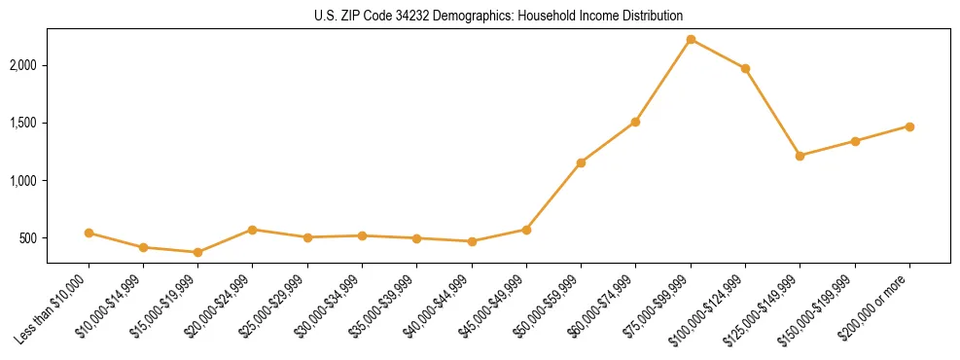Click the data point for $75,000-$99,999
(x=691, y=39)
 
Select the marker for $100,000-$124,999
(x=745, y=68)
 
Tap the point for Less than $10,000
(x=89, y=233)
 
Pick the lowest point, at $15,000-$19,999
(x=197, y=252)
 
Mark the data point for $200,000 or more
(x=909, y=126)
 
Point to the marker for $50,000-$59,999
(x=581, y=162)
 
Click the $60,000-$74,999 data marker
(x=635, y=122)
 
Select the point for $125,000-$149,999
(x=800, y=156)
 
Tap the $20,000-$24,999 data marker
(x=252, y=230)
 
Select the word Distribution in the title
(x=653, y=17)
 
